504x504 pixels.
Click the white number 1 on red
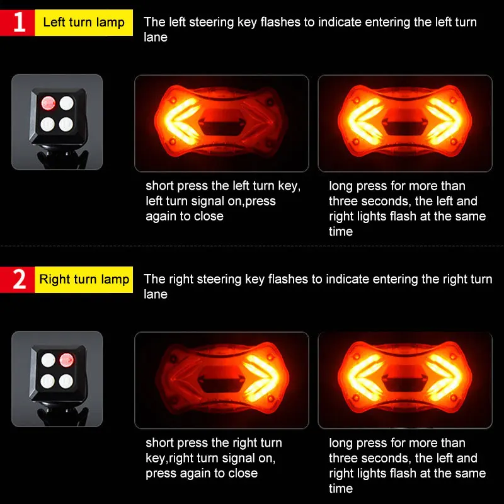pos(20,23)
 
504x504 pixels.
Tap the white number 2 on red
pos(20,279)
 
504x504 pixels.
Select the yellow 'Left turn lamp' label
pos(84,23)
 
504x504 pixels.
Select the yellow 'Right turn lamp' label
pos(84,279)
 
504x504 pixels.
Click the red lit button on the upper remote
pos(49,103)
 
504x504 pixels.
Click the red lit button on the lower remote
pos(67,360)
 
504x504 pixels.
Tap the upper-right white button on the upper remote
pos(67,103)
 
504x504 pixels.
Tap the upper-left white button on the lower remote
pos(49,360)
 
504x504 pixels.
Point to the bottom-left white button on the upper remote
pos(48,124)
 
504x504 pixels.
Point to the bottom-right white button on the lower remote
pos(66,381)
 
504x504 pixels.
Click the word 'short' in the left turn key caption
pos(160,186)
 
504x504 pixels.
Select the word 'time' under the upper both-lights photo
pos(341,231)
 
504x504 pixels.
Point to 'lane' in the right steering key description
pos(156,294)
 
